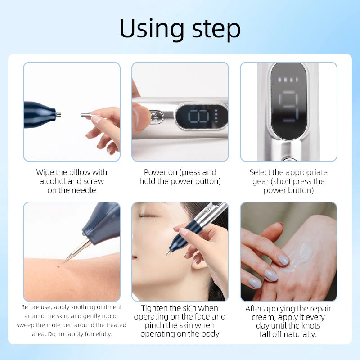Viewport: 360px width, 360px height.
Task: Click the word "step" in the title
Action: pyautogui.click(x=214, y=29)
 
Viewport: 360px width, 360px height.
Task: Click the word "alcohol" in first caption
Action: pyautogui.click(x=54, y=181)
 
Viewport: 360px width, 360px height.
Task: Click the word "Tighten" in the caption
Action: pyautogui.click(x=157, y=308)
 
